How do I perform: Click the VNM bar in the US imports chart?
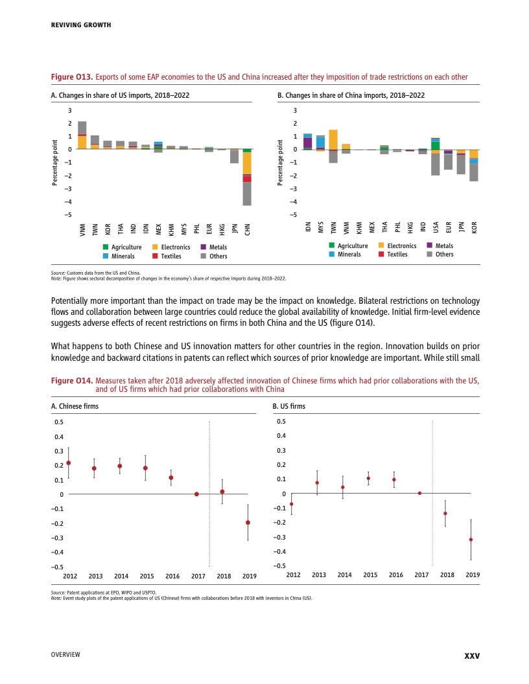(82, 135)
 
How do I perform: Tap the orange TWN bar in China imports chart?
(333, 139)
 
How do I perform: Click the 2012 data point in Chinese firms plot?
(69, 462)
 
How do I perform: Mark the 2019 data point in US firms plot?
(471, 540)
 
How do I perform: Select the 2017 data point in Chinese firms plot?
(196, 494)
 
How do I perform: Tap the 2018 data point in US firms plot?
(445, 513)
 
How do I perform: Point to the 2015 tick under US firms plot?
(370, 575)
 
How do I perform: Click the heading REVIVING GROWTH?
(81, 25)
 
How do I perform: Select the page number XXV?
(472, 655)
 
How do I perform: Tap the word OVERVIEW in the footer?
(65, 655)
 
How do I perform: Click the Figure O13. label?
(71, 77)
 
